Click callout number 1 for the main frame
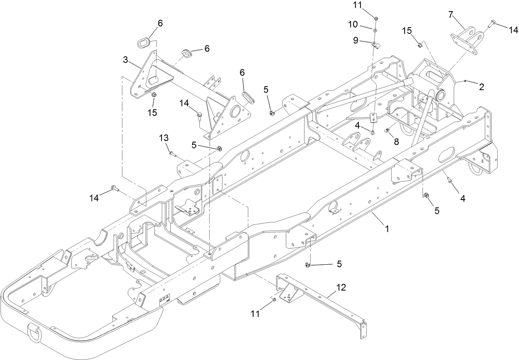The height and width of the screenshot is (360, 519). click(x=387, y=227)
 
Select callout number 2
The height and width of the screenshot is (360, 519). click(x=481, y=87)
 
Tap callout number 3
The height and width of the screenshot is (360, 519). click(x=126, y=60)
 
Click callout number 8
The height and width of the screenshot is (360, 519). click(x=396, y=141)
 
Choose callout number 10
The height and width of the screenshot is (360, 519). click(x=353, y=25)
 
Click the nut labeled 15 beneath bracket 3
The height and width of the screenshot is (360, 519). click(x=153, y=94)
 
